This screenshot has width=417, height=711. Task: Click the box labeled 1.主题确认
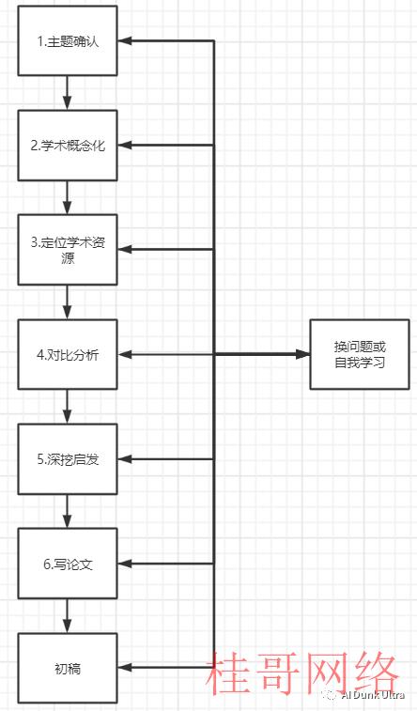68,40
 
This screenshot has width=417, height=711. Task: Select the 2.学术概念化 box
68,145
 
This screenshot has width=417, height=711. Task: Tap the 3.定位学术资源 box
68,250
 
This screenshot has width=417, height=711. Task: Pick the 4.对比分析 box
68,354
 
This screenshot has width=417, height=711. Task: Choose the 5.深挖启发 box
68,459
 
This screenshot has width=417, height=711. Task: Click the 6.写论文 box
68,564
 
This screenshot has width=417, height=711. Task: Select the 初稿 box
68,669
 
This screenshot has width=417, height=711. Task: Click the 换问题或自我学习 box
360,354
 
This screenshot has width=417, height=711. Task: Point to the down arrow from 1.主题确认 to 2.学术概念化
68,93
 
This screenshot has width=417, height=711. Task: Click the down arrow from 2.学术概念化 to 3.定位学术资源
68,197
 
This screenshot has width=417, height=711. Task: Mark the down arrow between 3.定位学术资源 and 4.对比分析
68,302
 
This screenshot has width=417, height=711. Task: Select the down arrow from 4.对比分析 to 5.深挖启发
68,407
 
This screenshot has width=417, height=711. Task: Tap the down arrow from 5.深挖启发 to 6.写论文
68,511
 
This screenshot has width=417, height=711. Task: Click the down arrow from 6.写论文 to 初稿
68,616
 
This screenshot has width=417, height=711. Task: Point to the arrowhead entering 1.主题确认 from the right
125,40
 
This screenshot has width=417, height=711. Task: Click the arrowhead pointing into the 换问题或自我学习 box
302,354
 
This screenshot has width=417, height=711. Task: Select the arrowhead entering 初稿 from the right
125,668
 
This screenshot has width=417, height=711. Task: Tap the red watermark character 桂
229,673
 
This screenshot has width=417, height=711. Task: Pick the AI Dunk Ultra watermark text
373,695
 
